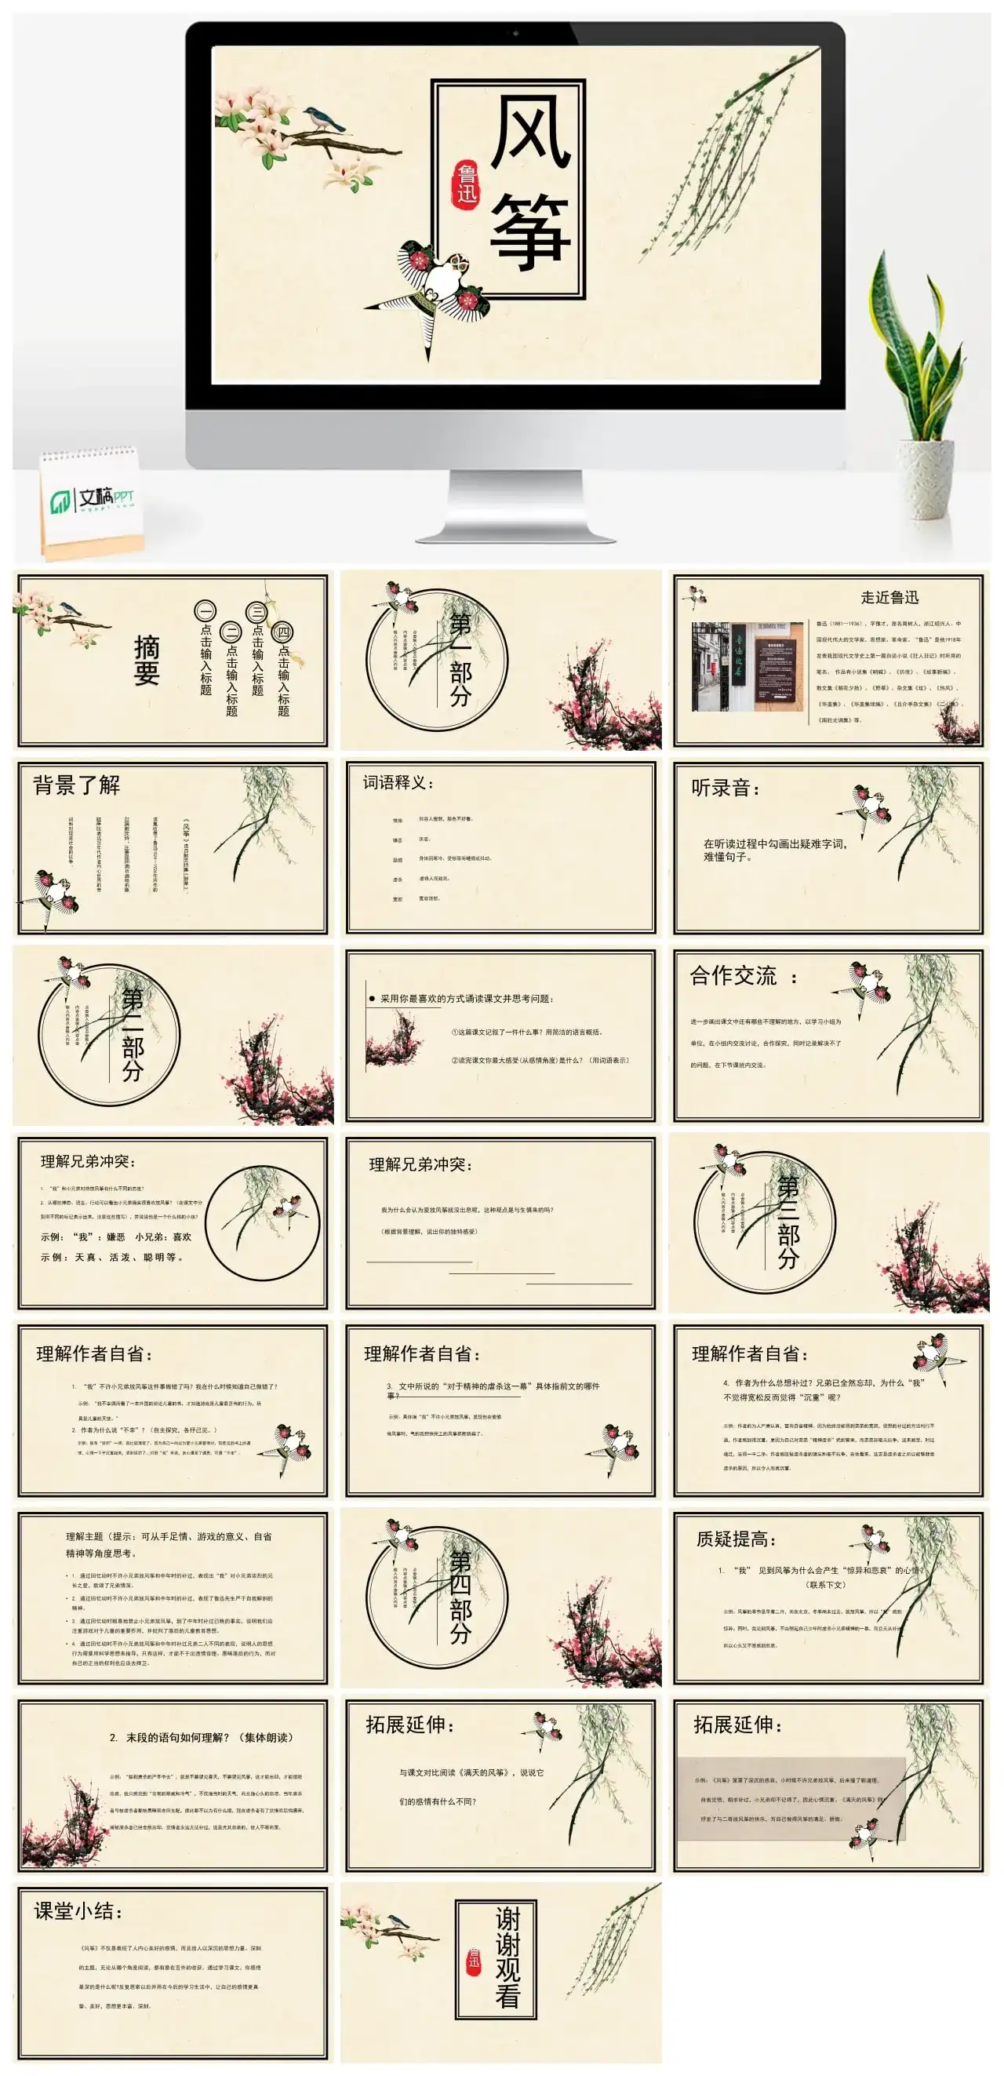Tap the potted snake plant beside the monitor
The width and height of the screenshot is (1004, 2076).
tap(919, 387)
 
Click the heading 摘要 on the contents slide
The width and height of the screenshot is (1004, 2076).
tap(147, 660)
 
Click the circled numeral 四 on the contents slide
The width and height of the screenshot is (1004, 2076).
tap(283, 632)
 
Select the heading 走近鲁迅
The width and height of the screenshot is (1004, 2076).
tap(889, 597)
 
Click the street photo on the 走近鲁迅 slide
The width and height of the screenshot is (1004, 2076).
tap(748, 665)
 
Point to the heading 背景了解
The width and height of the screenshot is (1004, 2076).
tap(77, 785)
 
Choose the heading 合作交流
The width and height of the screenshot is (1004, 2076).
tap(733, 976)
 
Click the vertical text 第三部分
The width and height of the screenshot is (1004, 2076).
tap(788, 1222)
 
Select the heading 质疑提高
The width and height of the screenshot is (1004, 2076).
tap(736, 1539)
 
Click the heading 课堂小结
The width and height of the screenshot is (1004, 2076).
tap(79, 1910)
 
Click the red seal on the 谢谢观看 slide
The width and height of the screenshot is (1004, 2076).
tap(474, 1961)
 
